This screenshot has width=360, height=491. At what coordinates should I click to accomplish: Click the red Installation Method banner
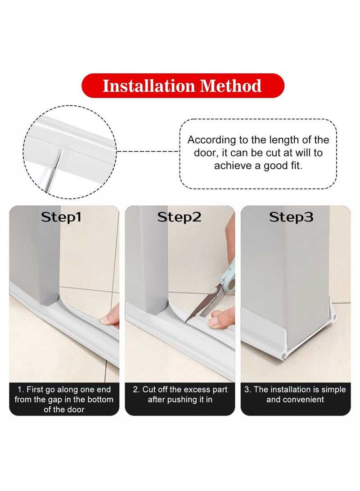coord(183,86)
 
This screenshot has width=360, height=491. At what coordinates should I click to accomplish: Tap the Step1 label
coord(62,217)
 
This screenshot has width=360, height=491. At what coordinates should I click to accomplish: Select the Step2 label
coord(179,217)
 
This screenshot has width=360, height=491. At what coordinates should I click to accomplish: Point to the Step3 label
coord(291,217)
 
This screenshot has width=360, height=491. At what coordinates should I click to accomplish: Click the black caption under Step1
coord(64,399)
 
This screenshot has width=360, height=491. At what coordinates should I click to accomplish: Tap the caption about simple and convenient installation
coord(295,394)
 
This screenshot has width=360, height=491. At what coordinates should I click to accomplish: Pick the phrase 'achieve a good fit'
coord(258,166)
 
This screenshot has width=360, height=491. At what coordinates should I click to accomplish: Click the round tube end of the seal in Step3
coord(283,355)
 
